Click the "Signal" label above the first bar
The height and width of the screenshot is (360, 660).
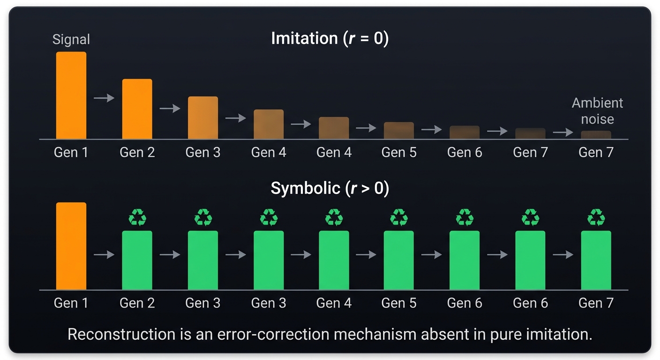pos(71,39)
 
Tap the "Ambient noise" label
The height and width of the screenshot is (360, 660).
pos(597,111)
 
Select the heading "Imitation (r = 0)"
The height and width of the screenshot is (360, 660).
pos(330,38)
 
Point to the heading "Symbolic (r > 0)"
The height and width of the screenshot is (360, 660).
pos(330,188)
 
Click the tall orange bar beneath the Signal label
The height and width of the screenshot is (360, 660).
pos(71,95)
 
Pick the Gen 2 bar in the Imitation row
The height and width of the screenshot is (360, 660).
pos(137,109)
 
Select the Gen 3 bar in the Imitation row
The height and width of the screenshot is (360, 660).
pos(203,118)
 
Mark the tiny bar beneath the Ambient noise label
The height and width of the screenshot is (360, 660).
pos(596,135)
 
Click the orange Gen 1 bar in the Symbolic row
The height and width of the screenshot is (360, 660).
pos(71,246)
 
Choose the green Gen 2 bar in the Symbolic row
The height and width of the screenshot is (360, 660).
pos(137,260)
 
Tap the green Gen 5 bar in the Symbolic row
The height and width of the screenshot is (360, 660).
pos(398,260)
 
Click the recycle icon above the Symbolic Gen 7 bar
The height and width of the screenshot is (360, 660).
pos(596,217)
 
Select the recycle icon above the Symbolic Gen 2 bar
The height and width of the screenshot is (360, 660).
pos(137,217)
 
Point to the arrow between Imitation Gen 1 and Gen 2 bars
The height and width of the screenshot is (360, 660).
pos(104,98)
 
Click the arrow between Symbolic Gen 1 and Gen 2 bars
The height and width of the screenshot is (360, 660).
pos(104,255)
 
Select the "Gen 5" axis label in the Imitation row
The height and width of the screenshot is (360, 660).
pos(398,152)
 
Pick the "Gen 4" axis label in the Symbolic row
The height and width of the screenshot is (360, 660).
pos(334,303)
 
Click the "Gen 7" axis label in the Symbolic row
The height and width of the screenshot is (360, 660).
pos(596,303)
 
